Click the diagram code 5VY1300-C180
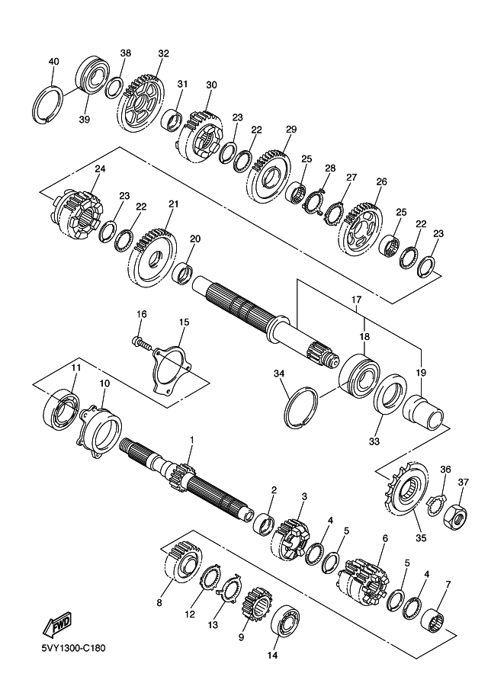[x=73, y=649]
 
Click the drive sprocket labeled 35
[x=405, y=489]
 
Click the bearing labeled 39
[x=92, y=75]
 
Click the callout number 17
[x=357, y=300]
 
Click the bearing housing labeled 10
[x=101, y=431]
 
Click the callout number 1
[x=192, y=439]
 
